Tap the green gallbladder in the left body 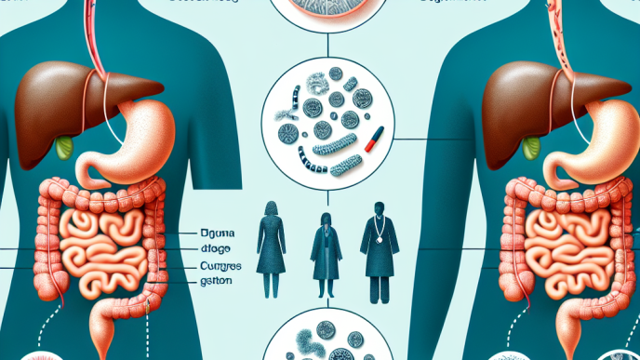64,146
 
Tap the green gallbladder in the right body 532,146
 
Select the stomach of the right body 600,140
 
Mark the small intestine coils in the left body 102,242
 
